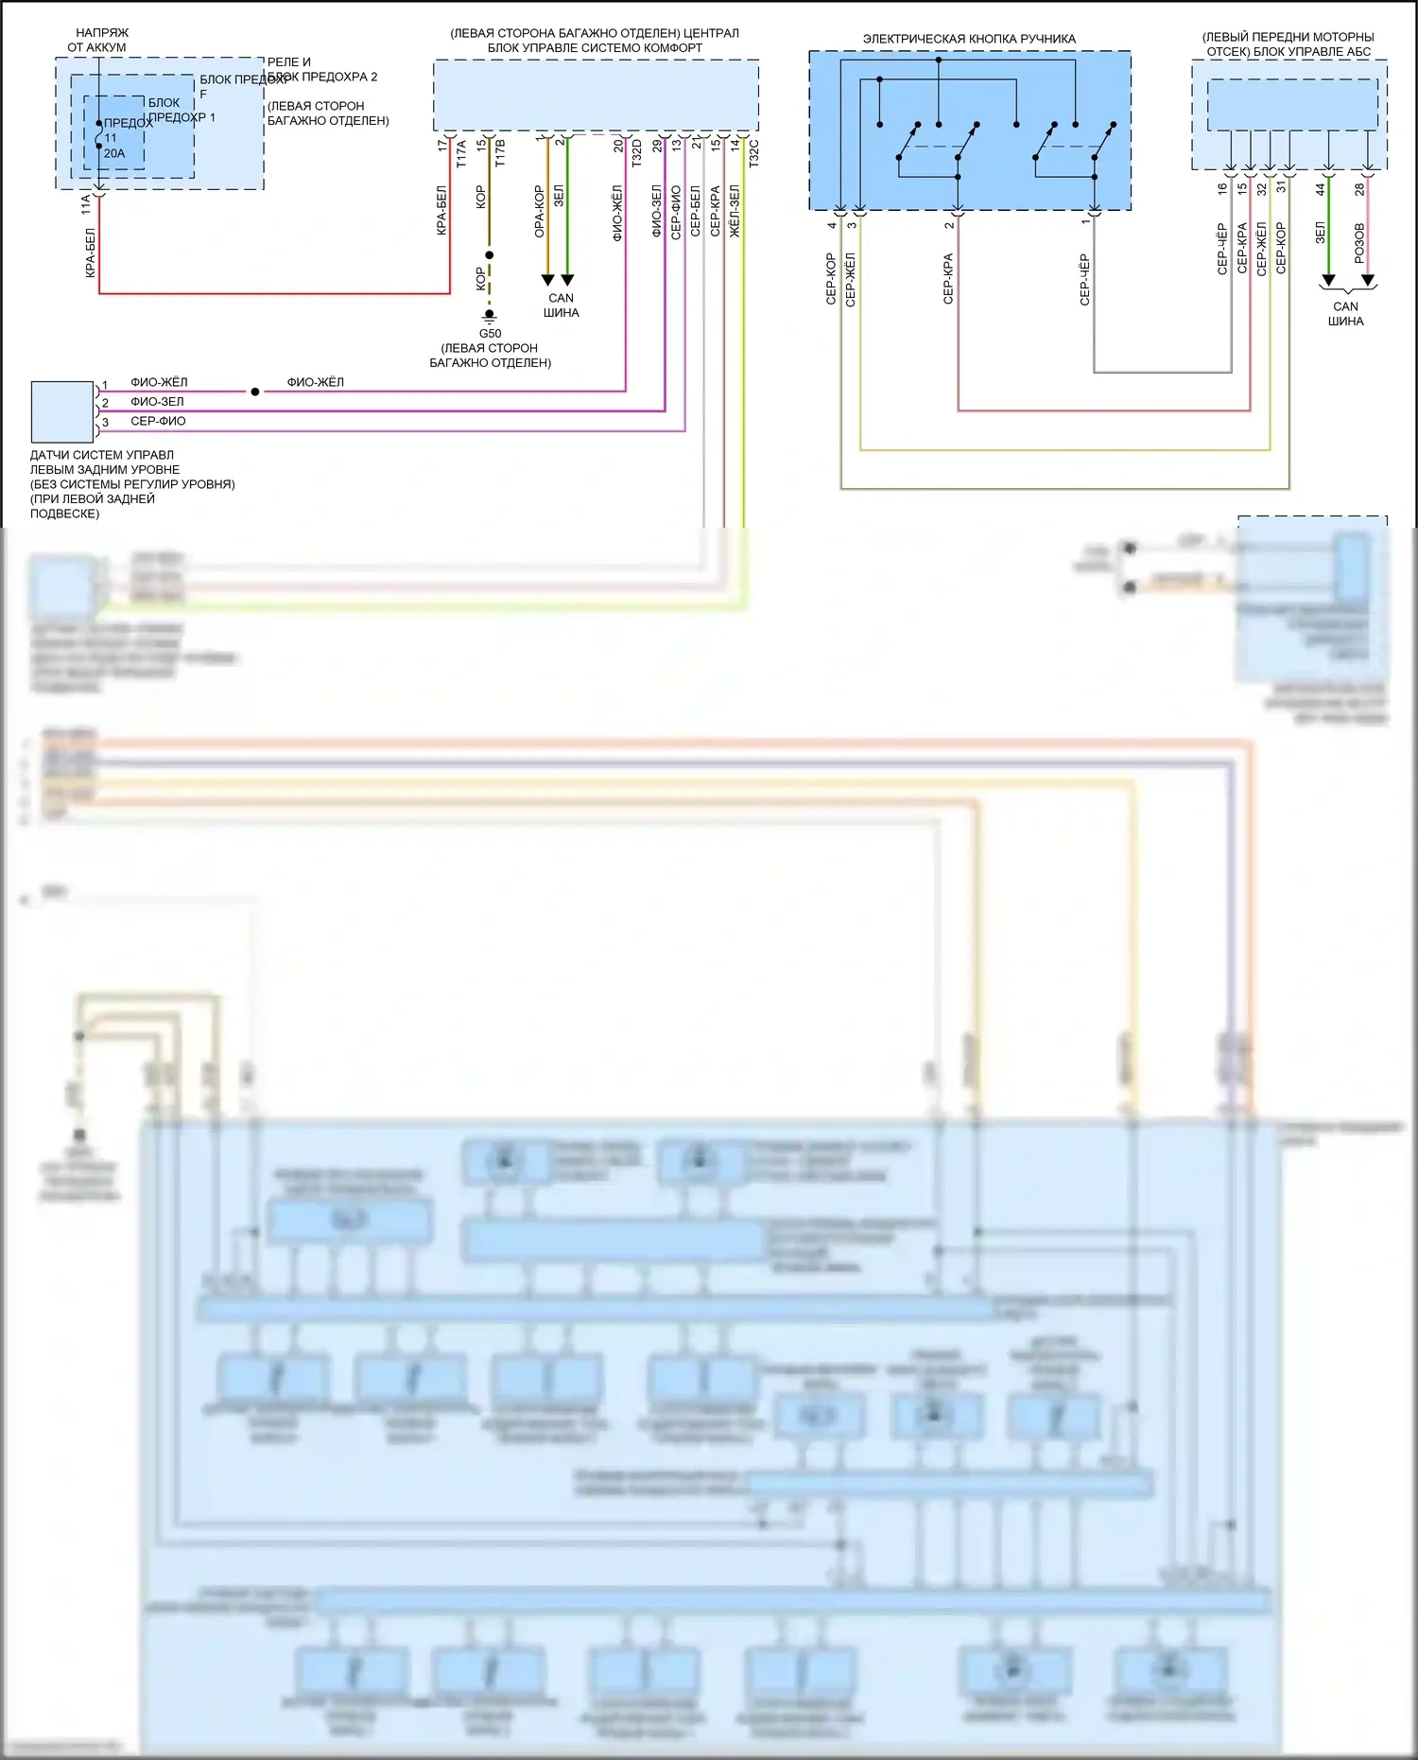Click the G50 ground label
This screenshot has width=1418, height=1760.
click(490, 334)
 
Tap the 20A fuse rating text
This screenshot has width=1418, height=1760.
click(114, 153)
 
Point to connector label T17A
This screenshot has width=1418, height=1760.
click(461, 154)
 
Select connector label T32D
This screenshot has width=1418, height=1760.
click(637, 153)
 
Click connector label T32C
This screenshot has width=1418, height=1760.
click(753, 153)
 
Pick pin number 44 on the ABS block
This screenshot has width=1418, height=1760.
click(1321, 189)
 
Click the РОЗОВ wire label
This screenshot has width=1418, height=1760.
click(1359, 243)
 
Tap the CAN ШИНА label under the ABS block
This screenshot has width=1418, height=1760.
click(1345, 314)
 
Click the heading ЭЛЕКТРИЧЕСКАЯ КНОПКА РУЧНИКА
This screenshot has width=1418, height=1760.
click(969, 39)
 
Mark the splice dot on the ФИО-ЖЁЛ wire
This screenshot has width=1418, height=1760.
click(255, 392)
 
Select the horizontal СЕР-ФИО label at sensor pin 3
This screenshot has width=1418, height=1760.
click(158, 422)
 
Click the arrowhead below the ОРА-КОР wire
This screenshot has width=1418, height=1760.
click(547, 280)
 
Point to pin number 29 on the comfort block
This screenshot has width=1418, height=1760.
click(657, 146)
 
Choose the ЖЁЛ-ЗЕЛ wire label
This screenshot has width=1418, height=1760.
click(735, 211)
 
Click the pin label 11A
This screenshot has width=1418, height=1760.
click(86, 203)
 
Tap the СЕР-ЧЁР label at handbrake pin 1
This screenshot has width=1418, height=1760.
click(1084, 279)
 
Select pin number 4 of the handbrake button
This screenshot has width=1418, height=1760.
click(832, 225)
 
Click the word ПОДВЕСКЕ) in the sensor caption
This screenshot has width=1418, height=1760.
click(64, 514)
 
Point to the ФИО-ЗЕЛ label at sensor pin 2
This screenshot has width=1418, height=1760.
click(157, 402)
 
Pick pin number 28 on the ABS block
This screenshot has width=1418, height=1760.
click(1359, 189)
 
